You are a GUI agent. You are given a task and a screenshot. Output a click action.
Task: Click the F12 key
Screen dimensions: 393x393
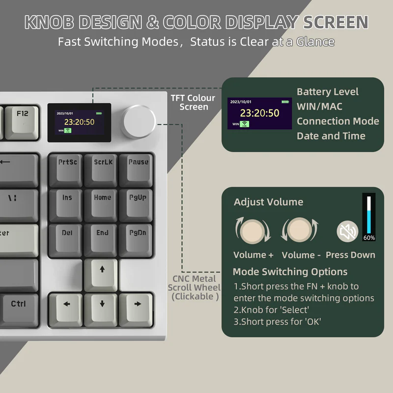[x=23, y=118]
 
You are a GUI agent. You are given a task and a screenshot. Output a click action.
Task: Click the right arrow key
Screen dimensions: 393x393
[x=138, y=308]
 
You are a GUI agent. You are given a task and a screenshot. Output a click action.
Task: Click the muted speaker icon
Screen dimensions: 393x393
[x=347, y=231]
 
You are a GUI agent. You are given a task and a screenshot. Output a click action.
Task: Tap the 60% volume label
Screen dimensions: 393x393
[x=369, y=238]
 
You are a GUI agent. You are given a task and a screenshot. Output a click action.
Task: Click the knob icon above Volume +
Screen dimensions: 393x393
[x=253, y=230]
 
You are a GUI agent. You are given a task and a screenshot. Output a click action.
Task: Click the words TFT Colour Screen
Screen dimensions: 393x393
[x=193, y=103]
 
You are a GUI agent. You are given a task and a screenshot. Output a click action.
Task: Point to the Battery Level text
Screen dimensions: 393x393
[x=328, y=92]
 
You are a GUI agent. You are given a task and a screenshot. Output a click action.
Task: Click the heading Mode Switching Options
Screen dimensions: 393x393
[x=290, y=272]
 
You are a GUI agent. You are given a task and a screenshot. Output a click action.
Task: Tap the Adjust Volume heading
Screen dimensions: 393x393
[x=268, y=202]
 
